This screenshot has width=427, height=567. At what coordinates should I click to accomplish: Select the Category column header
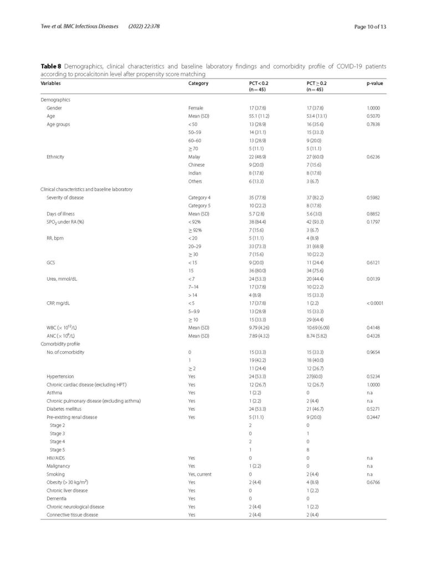pos(198,83)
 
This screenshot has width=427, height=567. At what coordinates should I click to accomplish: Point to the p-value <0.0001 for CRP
pos(375,303)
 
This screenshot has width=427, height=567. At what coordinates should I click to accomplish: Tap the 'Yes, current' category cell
pos(200,475)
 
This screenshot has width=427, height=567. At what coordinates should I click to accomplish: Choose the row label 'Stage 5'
pos(57,451)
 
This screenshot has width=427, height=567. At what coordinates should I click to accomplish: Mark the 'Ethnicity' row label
pos(55,157)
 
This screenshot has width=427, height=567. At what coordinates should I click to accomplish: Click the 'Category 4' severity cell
pos(199,197)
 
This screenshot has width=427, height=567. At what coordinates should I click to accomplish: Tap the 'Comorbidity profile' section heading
pos(60,344)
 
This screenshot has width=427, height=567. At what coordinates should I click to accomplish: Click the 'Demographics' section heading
pos(55,100)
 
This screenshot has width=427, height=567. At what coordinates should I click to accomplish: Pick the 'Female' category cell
pos(196,109)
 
